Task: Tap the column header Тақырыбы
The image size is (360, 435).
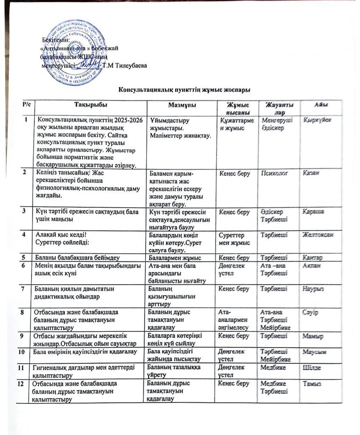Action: coord(90,105)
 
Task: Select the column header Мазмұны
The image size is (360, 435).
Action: coord(181,105)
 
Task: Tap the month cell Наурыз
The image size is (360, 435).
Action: coord(313,289)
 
